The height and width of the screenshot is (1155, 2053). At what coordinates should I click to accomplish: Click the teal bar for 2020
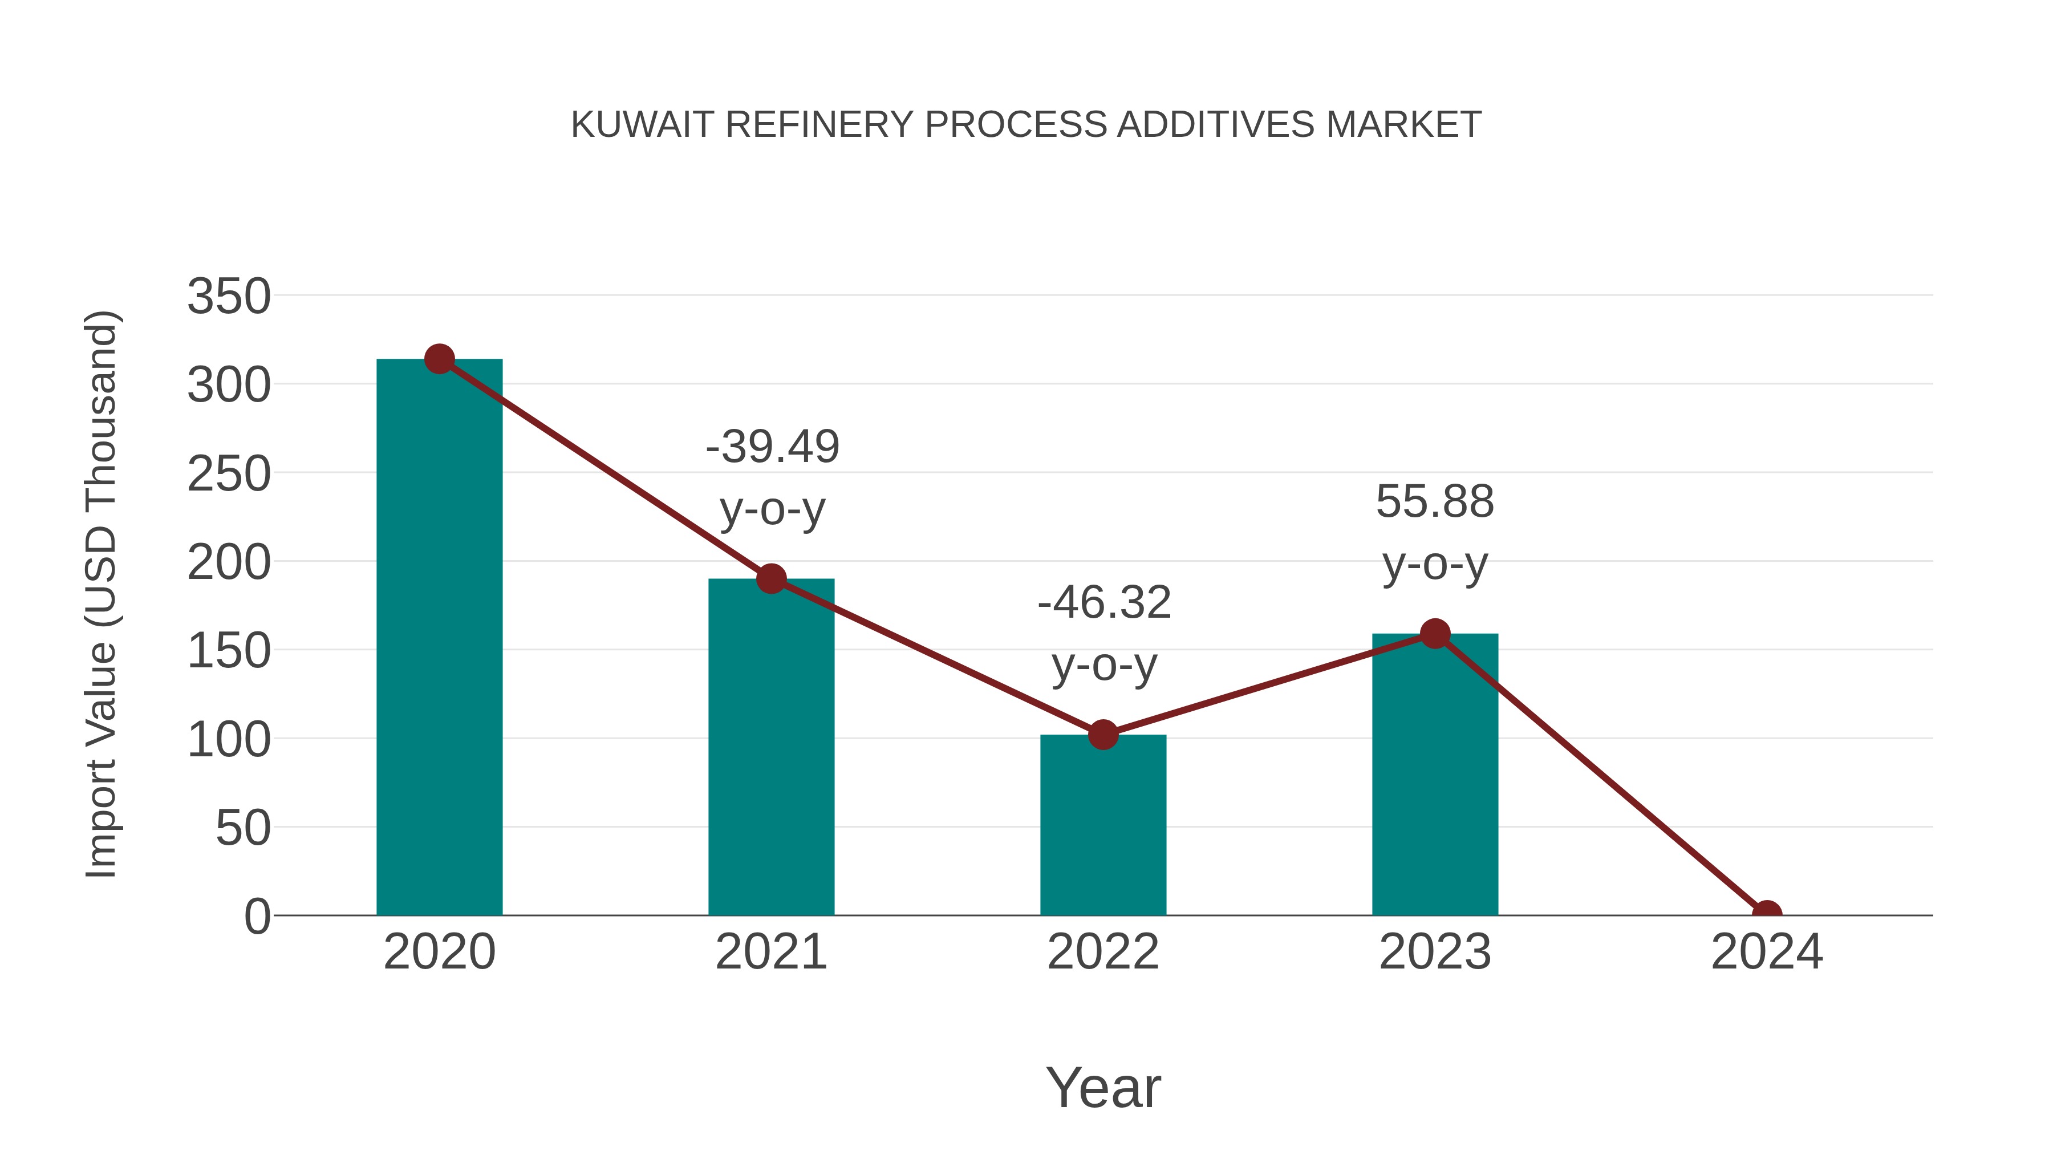tap(439, 638)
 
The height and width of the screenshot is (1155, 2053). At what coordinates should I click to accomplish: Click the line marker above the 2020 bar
tap(439, 359)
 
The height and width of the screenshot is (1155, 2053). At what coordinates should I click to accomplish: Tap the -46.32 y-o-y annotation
tap(1104, 633)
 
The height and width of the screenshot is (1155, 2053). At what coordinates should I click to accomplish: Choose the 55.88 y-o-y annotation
tap(1435, 533)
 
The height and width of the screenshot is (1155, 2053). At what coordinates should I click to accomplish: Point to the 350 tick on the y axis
tap(229, 297)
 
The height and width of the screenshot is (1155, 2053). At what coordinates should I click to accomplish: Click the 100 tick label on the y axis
tap(229, 740)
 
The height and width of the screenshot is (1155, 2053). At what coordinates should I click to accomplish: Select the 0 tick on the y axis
tap(257, 917)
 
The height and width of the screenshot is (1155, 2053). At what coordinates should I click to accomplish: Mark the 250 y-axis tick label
tap(229, 475)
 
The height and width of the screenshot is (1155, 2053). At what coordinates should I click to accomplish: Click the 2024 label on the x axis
tap(1767, 952)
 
